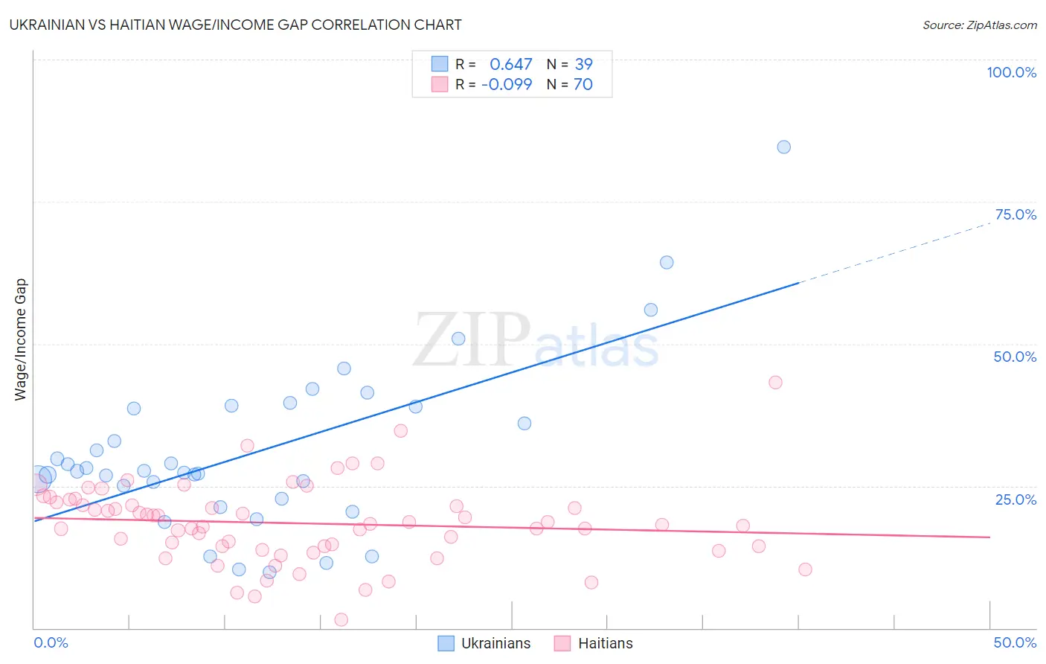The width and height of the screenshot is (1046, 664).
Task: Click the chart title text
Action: pos(235,25)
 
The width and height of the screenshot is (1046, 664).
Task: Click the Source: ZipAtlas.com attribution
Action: pos(979,25)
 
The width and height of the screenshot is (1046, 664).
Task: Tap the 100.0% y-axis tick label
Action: pos(1011,72)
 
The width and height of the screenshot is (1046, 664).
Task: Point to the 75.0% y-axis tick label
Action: pos(1015,214)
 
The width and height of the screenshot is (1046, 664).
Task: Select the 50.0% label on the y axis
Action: pos(1015,357)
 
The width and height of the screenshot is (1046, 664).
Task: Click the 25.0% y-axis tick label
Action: pos(1015,499)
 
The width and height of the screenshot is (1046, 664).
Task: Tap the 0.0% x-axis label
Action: pos(51,642)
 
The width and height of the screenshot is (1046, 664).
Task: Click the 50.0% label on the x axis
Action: pos(1015,642)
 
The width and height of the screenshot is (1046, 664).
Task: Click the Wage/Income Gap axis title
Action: pos(20,339)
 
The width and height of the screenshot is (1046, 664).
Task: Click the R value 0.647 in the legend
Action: pos(510,65)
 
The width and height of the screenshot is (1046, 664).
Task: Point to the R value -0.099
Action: pos(507,85)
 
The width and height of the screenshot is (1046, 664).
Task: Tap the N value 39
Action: pos(583,65)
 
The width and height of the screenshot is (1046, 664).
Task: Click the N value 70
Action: pos(583,85)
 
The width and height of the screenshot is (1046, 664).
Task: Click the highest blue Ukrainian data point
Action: pos(783,147)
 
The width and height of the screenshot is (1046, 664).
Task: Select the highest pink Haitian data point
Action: pos(775,382)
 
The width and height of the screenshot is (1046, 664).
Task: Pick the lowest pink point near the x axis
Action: pos(341,619)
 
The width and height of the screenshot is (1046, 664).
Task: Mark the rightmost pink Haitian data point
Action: pos(805,569)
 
